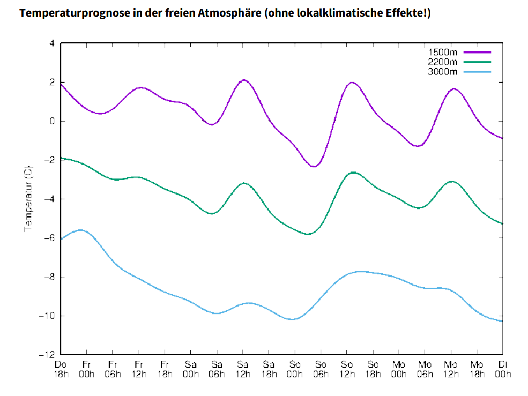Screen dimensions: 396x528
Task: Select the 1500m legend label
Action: click(443, 52)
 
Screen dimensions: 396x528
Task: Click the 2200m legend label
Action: click(443, 62)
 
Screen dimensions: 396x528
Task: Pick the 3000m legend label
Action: click(443, 71)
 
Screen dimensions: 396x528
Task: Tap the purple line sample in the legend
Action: click(477, 52)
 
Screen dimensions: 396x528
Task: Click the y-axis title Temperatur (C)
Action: click(28, 198)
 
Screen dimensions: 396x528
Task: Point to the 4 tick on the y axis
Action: click(52, 43)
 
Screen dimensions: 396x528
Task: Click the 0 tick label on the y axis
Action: click(52, 121)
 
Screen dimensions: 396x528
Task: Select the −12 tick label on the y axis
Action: click(47, 355)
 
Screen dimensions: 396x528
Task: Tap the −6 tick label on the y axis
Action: click(49, 238)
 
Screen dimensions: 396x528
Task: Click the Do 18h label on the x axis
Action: click(61, 369)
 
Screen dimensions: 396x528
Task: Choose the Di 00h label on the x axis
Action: click(502, 369)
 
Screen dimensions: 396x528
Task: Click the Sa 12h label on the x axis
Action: click(243, 369)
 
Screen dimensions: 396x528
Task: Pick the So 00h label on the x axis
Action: click(295, 369)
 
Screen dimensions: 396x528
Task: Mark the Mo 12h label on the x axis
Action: click(450, 369)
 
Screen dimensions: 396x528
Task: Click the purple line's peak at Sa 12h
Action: click(244, 80)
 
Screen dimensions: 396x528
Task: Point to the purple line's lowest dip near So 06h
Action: click(314, 167)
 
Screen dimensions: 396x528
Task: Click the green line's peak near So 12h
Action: click(353, 172)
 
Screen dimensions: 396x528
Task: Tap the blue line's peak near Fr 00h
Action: click(81, 230)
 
